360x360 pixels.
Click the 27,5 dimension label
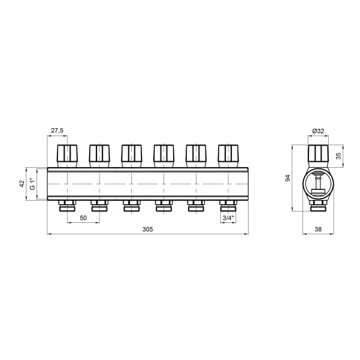pyautogui.click(x=57, y=131)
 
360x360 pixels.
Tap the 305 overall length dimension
pyautogui.click(x=147, y=229)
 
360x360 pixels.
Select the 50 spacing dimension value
pyautogui.click(x=83, y=218)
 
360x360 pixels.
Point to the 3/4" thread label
pyautogui.click(x=228, y=218)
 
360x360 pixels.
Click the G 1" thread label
pyautogui.click(x=33, y=184)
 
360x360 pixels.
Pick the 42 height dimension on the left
pyautogui.click(x=22, y=184)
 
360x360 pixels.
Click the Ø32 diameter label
pyautogui.click(x=318, y=131)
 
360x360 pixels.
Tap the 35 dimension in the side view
pyautogui.click(x=339, y=156)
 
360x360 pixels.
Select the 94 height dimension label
pyautogui.click(x=288, y=178)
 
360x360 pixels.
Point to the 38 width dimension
pyautogui.click(x=318, y=229)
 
